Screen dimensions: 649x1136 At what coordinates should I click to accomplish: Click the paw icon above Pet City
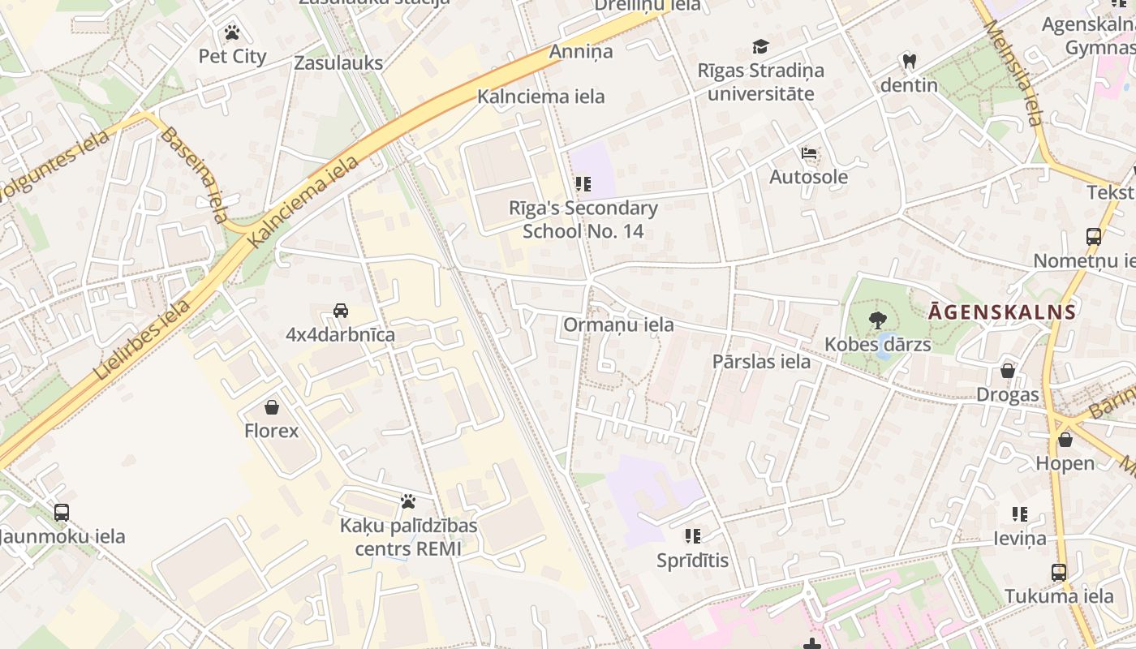coord(232,33)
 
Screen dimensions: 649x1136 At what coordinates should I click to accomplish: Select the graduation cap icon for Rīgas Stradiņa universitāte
coord(760,47)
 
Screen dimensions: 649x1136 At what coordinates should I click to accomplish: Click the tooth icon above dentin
coord(909,61)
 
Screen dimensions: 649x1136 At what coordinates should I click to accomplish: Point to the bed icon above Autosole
coord(808,153)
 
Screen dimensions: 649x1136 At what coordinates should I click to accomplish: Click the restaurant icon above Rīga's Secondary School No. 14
coord(583,184)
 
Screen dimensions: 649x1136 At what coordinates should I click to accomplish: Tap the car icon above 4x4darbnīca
coord(341,311)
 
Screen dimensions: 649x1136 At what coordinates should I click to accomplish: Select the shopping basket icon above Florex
coord(272,406)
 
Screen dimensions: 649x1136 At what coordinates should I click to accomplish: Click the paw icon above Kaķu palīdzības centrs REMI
coord(408,501)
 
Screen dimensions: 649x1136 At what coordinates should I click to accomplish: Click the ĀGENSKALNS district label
coord(1003,312)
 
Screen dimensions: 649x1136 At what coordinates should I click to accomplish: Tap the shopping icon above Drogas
coord(1008,371)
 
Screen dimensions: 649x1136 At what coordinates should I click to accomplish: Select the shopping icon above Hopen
coord(1065,440)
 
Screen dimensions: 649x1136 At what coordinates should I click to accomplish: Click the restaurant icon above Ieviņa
coord(1020,514)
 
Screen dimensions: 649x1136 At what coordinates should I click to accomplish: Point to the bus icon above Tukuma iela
coord(1059,572)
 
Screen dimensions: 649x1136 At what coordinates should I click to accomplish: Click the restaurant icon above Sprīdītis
coord(692,535)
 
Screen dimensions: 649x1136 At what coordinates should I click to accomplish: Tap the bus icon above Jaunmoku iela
coord(62,513)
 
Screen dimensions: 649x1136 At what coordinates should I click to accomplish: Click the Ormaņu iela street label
coord(618,324)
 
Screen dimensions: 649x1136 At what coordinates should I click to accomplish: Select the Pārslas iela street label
coord(761,361)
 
